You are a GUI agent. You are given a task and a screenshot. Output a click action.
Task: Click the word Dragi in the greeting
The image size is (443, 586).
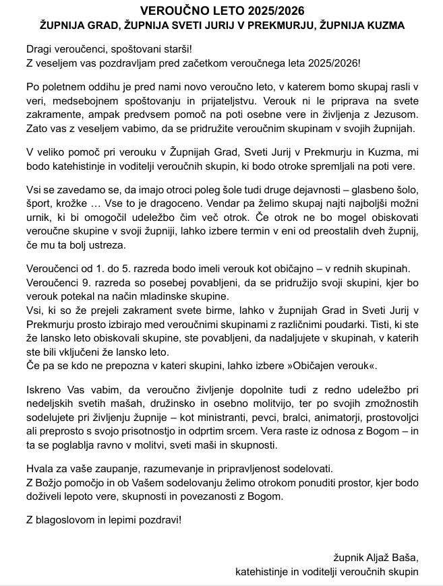click(x=40, y=49)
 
